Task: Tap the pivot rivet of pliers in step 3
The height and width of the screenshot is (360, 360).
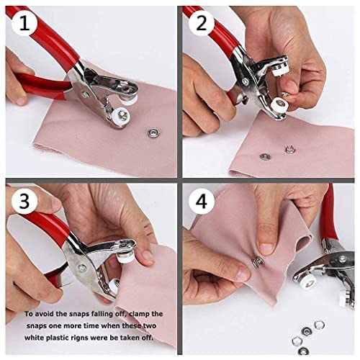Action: (84, 268)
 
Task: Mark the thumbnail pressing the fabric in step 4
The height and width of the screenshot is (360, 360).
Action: (266, 248)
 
